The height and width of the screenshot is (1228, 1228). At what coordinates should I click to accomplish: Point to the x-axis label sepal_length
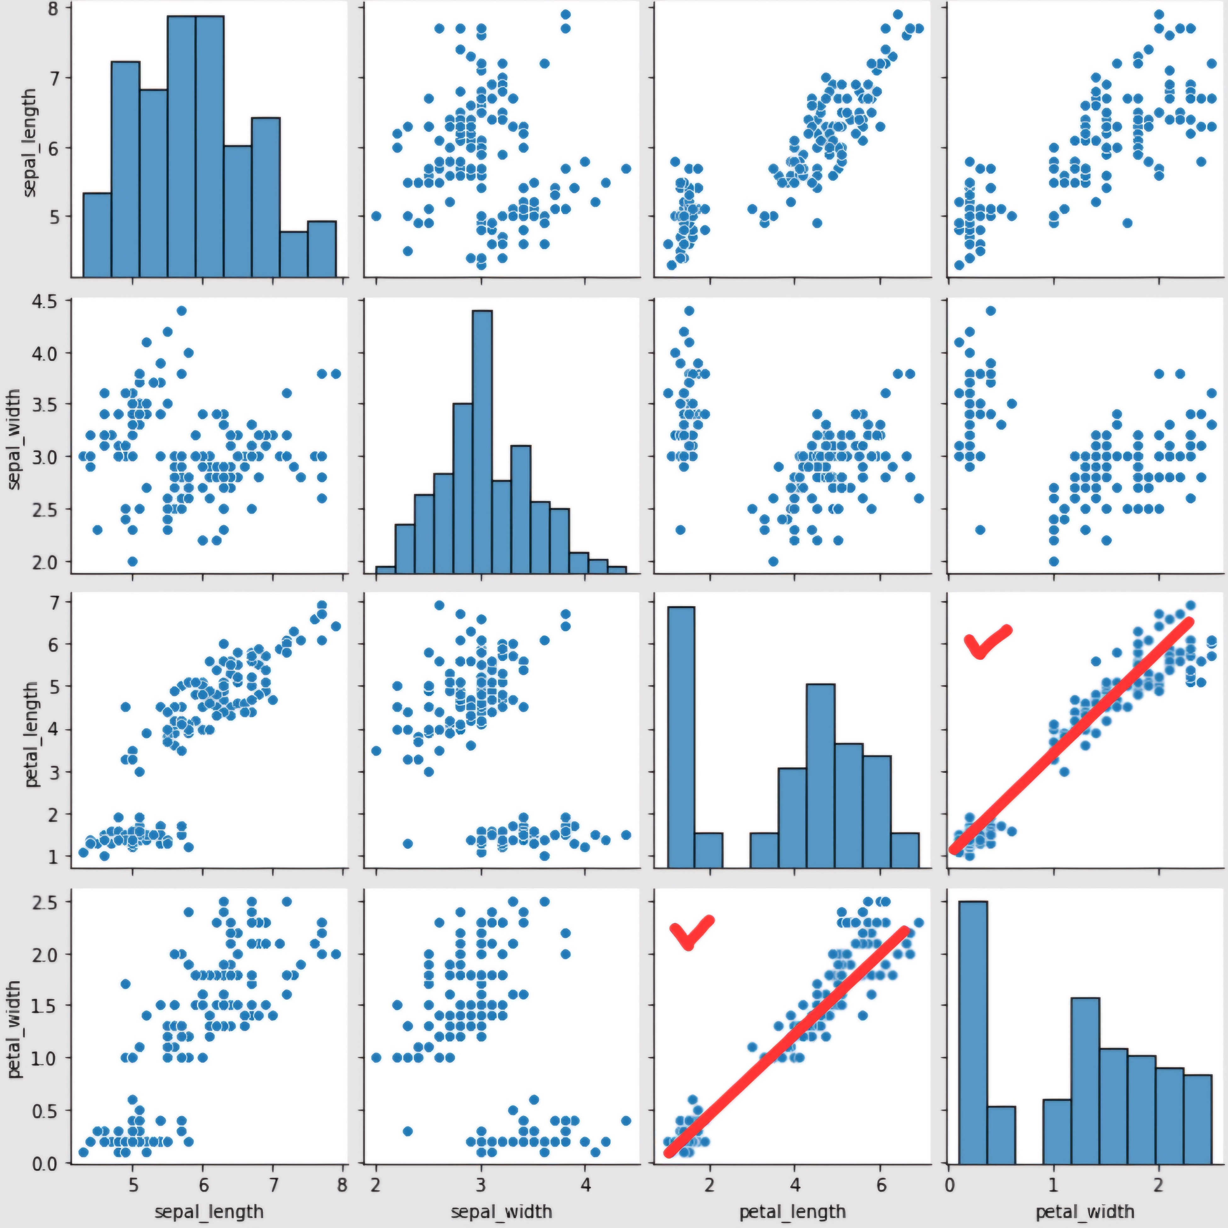(209, 1212)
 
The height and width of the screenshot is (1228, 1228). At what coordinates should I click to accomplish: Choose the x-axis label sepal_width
(502, 1212)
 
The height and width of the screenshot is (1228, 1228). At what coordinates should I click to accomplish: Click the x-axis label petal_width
(1085, 1212)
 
